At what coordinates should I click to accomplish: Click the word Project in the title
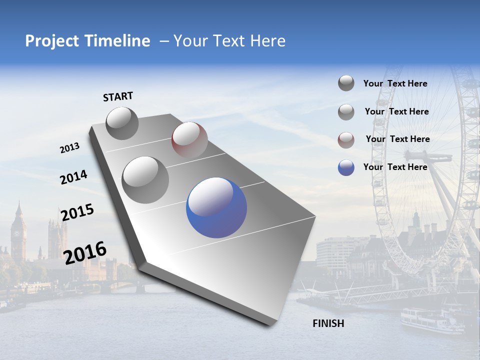pyautogui.click(x=51, y=41)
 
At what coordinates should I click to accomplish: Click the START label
pyautogui.click(x=118, y=96)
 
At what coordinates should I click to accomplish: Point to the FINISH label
pyautogui.click(x=328, y=323)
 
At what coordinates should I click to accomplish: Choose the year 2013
pyautogui.click(x=69, y=148)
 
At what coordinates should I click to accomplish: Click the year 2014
pyautogui.click(x=73, y=177)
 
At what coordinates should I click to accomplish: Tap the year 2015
pyautogui.click(x=77, y=212)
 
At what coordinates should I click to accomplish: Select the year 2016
pyautogui.click(x=85, y=253)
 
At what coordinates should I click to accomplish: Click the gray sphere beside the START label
pyautogui.click(x=122, y=123)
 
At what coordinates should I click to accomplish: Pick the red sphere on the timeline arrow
pyautogui.click(x=189, y=139)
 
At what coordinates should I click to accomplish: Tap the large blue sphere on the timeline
pyautogui.click(x=216, y=207)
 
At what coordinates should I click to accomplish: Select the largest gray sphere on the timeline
pyautogui.click(x=145, y=179)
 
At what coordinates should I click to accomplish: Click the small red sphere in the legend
pyautogui.click(x=346, y=140)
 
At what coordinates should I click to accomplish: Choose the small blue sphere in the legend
pyautogui.click(x=346, y=167)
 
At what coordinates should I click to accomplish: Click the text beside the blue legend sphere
pyautogui.click(x=395, y=167)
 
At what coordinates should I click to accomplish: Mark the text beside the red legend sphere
pyautogui.click(x=397, y=139)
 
